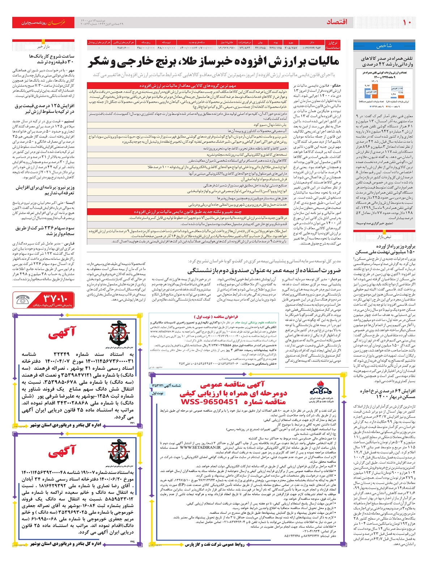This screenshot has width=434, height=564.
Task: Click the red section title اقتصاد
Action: [337, 22]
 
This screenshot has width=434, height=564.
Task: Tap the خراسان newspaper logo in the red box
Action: [56, 22]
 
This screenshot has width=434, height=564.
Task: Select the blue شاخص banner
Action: [384, 46]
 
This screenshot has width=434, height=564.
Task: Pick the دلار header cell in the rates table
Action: [312, 42]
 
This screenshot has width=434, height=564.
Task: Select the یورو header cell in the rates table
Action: [291, 42]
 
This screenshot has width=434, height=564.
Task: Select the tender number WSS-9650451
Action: [209, 402]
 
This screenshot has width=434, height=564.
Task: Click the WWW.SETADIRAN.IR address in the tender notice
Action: [200, 448]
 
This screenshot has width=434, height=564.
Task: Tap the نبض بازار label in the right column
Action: [384, 237]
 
